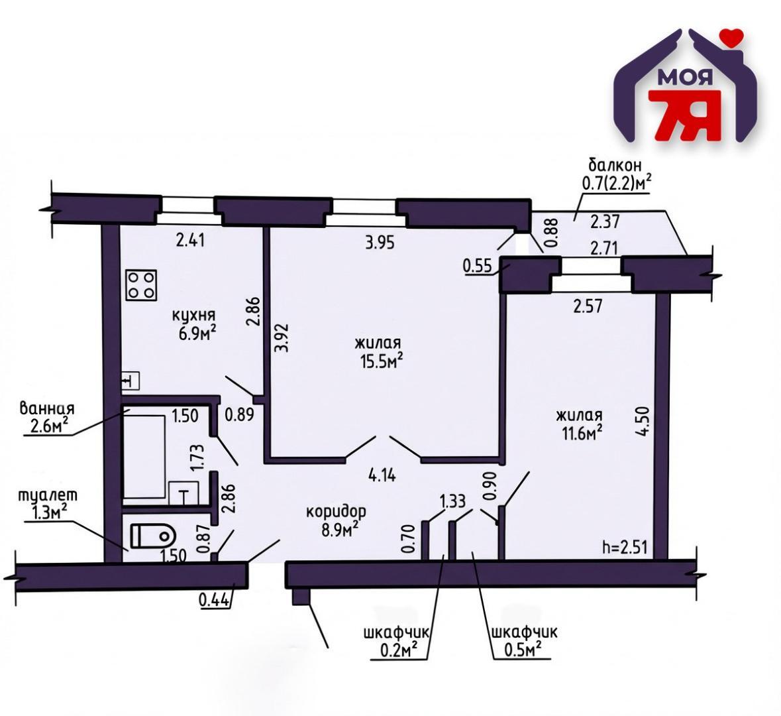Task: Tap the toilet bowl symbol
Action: [x=152, y=536]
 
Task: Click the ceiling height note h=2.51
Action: [x=624, y=548]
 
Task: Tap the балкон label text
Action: [x=615, y=165]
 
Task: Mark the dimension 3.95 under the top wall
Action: [x=380, y=242]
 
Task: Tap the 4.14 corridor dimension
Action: [x=382, y=475]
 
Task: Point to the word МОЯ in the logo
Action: [x=685, y=78]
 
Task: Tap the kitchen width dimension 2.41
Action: [x=191, y=239]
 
